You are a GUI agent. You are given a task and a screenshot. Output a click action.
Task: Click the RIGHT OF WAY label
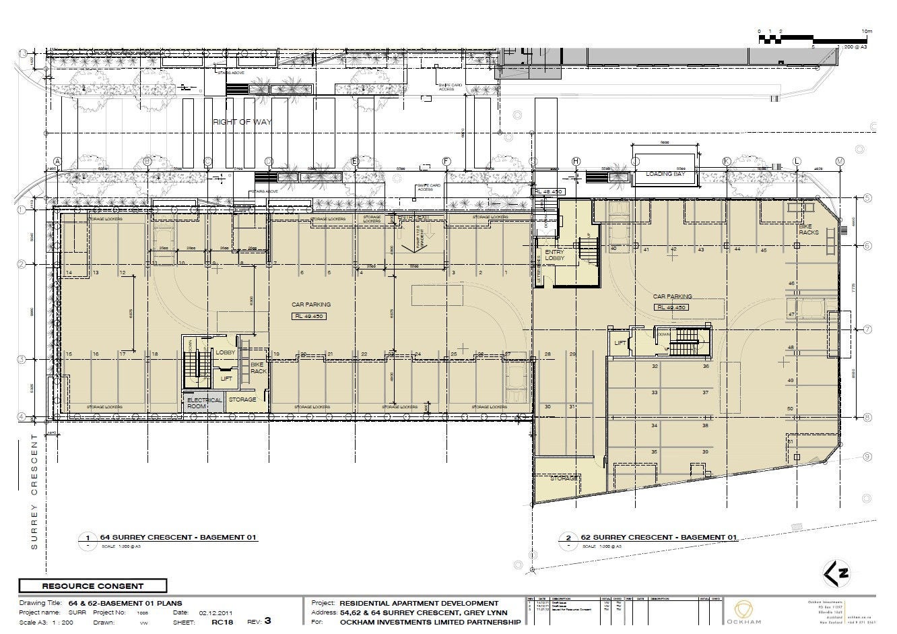point(241,122)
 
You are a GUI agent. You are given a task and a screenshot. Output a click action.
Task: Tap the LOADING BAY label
point(664,174)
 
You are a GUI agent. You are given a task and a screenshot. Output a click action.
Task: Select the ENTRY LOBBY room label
point(554,254)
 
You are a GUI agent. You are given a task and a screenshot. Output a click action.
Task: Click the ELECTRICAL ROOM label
point(204,403)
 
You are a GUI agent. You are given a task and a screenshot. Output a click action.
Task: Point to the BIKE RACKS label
point(809,229)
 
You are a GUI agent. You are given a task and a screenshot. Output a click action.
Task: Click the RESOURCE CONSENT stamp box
point(93,586)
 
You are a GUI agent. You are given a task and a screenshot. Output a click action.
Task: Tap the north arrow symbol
point(837,573)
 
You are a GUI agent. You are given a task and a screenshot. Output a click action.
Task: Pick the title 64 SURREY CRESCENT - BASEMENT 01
point(179,537)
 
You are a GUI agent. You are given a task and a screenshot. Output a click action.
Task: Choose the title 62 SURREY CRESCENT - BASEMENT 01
point(658,537)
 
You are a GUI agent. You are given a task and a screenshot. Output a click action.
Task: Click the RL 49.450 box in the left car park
point(309,316)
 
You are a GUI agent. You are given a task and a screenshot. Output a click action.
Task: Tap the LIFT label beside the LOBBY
point(227,379)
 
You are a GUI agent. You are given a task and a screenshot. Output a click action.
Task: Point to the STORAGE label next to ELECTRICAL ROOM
point(242,400)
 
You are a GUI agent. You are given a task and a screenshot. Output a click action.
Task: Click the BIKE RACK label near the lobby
point(259,368)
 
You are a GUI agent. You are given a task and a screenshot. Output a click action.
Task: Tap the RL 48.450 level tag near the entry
point(547,192)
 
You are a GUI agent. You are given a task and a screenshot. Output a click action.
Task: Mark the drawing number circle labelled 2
point(568,538)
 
